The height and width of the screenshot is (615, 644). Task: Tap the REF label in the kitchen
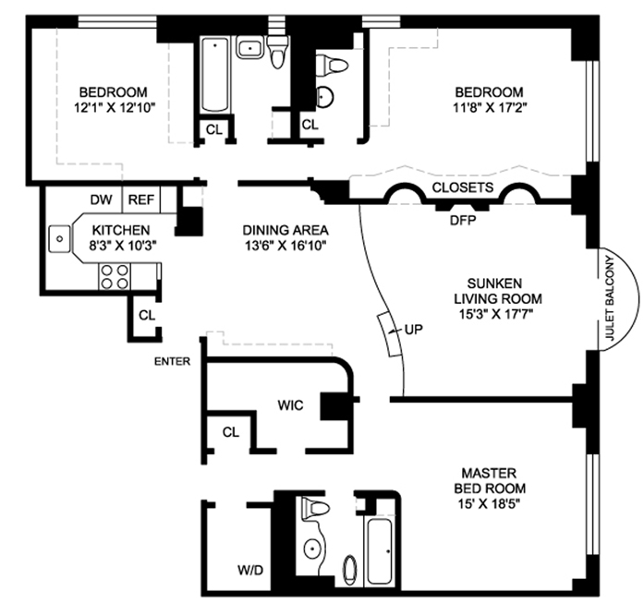(140, 199)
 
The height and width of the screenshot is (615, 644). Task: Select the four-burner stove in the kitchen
(115, 274)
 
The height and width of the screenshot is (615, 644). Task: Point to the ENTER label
(172, 361)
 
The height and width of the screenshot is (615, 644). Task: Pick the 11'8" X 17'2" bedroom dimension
(489, 107)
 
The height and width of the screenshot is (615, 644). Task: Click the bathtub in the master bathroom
(380, 552)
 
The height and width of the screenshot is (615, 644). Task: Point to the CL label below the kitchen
(147, 315)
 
